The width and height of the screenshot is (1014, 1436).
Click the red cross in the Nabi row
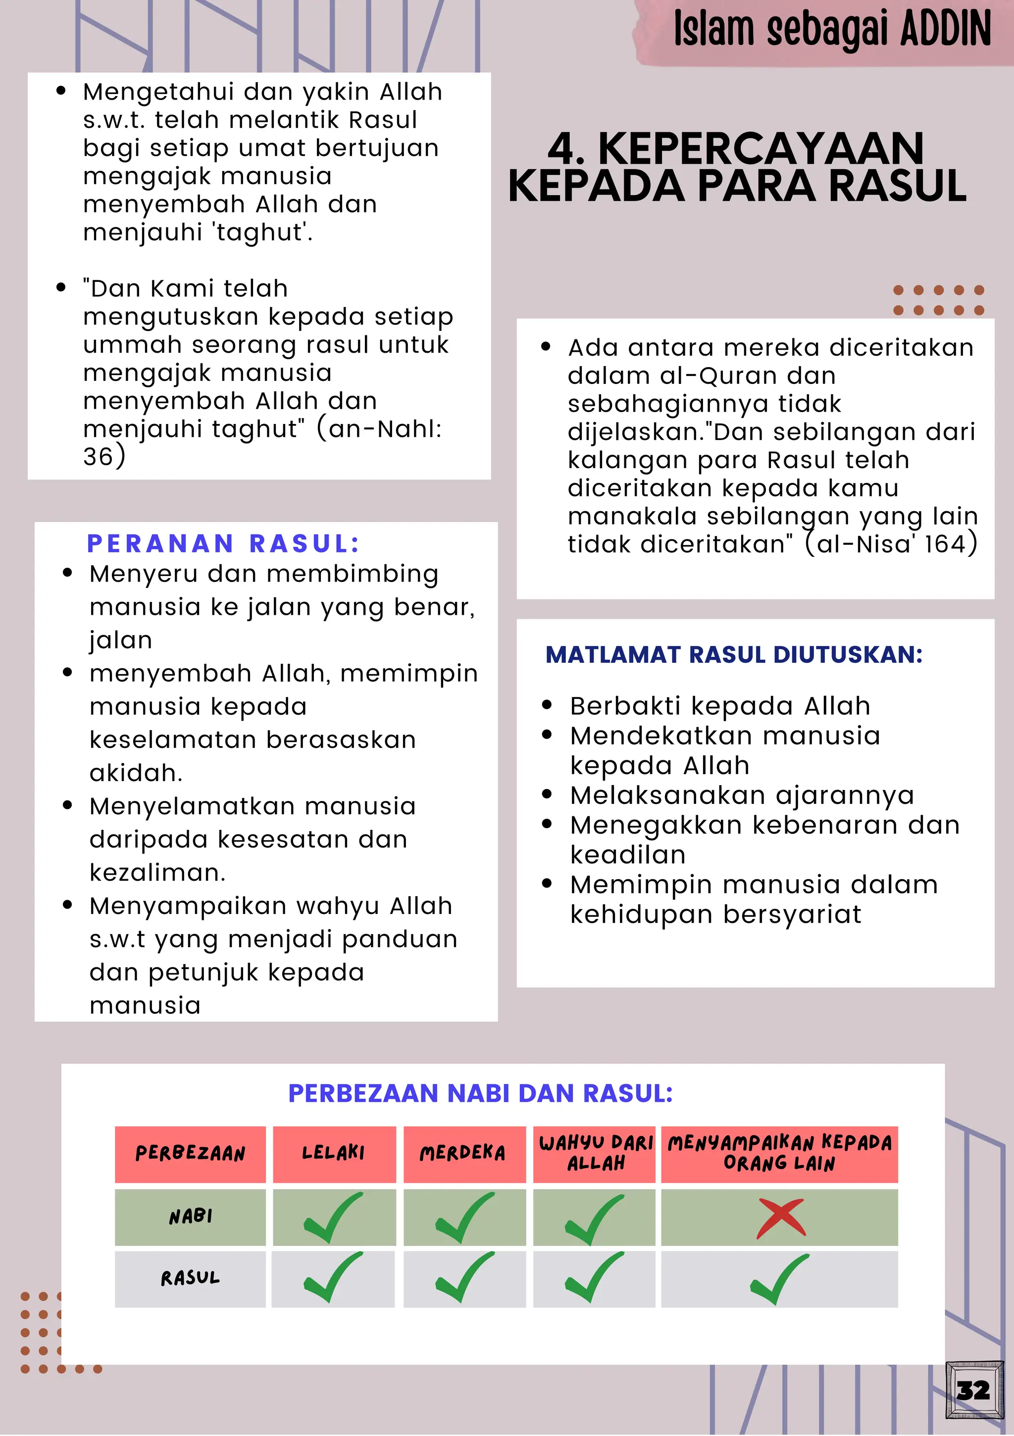(x=780, y=1218)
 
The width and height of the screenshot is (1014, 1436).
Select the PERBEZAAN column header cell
(x=190, y=1154)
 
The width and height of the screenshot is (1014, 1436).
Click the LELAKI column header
(x=333, y=1153)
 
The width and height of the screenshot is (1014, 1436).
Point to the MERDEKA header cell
(x=462, y=1153)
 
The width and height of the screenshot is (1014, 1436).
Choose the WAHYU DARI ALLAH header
(x=595, y=1153)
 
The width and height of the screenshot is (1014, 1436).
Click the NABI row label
(x=191, y=1217)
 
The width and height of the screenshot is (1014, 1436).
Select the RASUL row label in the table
(x=191, y=1278)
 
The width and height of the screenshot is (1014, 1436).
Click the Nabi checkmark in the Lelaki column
(x=333, y=1217)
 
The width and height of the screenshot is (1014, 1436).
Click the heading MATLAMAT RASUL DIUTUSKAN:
(x=734, y=655)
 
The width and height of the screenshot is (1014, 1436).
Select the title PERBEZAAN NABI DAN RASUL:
(x=480, y=1093)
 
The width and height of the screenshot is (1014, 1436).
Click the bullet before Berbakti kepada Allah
(x=548, y=705)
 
